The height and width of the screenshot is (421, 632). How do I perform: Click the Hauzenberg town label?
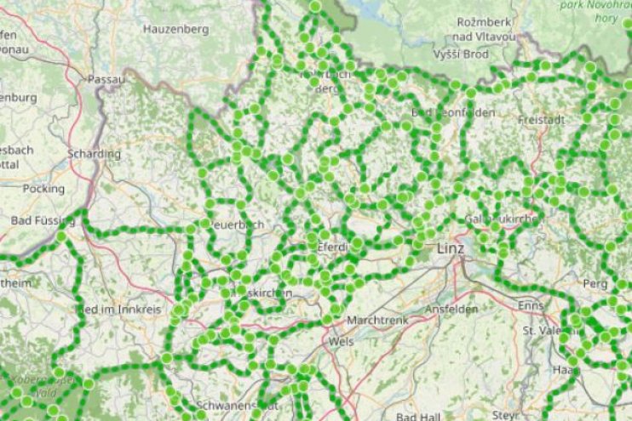tap(176, 29)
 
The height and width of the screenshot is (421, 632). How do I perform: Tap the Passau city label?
tap(106, 79)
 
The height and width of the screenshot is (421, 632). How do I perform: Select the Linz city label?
tap(451, 249)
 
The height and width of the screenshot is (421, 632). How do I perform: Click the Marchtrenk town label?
tap(378, 321)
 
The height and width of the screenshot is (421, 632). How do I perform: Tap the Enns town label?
tap(531, 304)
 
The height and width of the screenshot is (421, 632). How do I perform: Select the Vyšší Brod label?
tap(459, 53)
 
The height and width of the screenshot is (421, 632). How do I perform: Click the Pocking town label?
tap(43, 188)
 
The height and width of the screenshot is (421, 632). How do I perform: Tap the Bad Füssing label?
tap(43, 220)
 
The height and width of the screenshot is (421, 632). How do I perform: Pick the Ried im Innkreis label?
tap(119, 310)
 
